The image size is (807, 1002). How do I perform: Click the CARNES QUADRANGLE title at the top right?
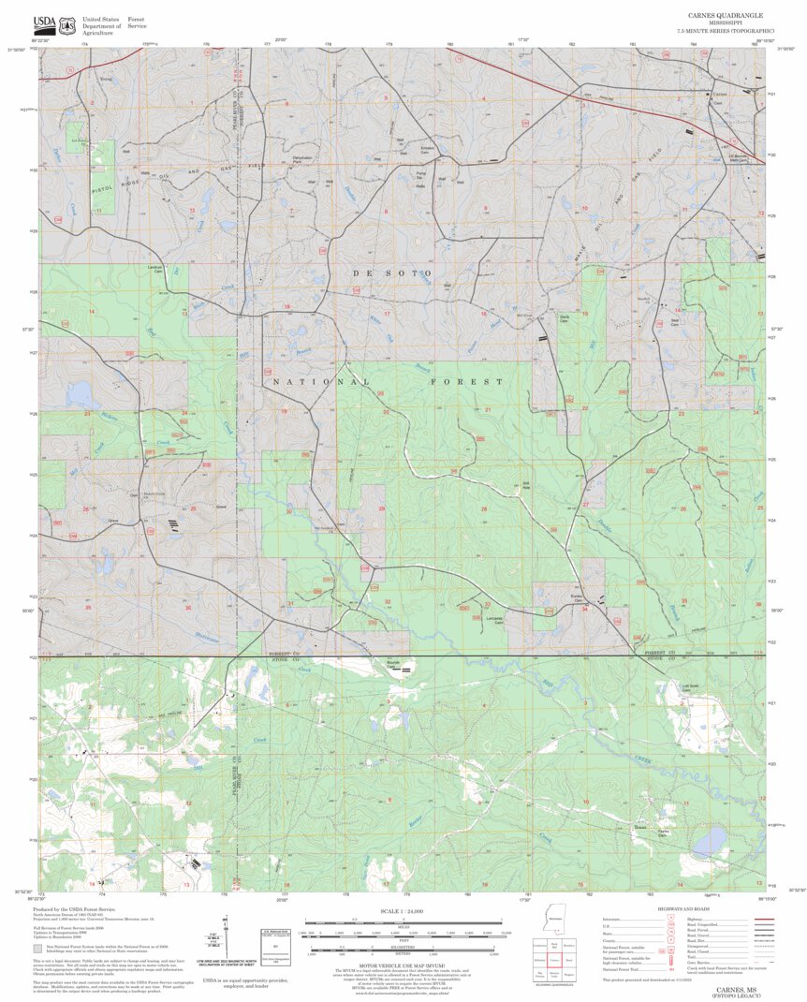tap(726, 16)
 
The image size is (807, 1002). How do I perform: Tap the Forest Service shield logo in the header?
tap(66, 26)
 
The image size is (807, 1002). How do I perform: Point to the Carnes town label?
tap(720, 94)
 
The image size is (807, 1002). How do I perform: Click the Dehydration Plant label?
tap(302, 159)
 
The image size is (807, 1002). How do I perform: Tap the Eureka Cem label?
tap(578, 597)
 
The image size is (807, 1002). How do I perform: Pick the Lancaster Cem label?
tap(494, 620)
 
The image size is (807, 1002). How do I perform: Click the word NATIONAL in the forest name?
tap(321, 382)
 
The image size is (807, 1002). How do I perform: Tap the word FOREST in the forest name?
tap(466, 382)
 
